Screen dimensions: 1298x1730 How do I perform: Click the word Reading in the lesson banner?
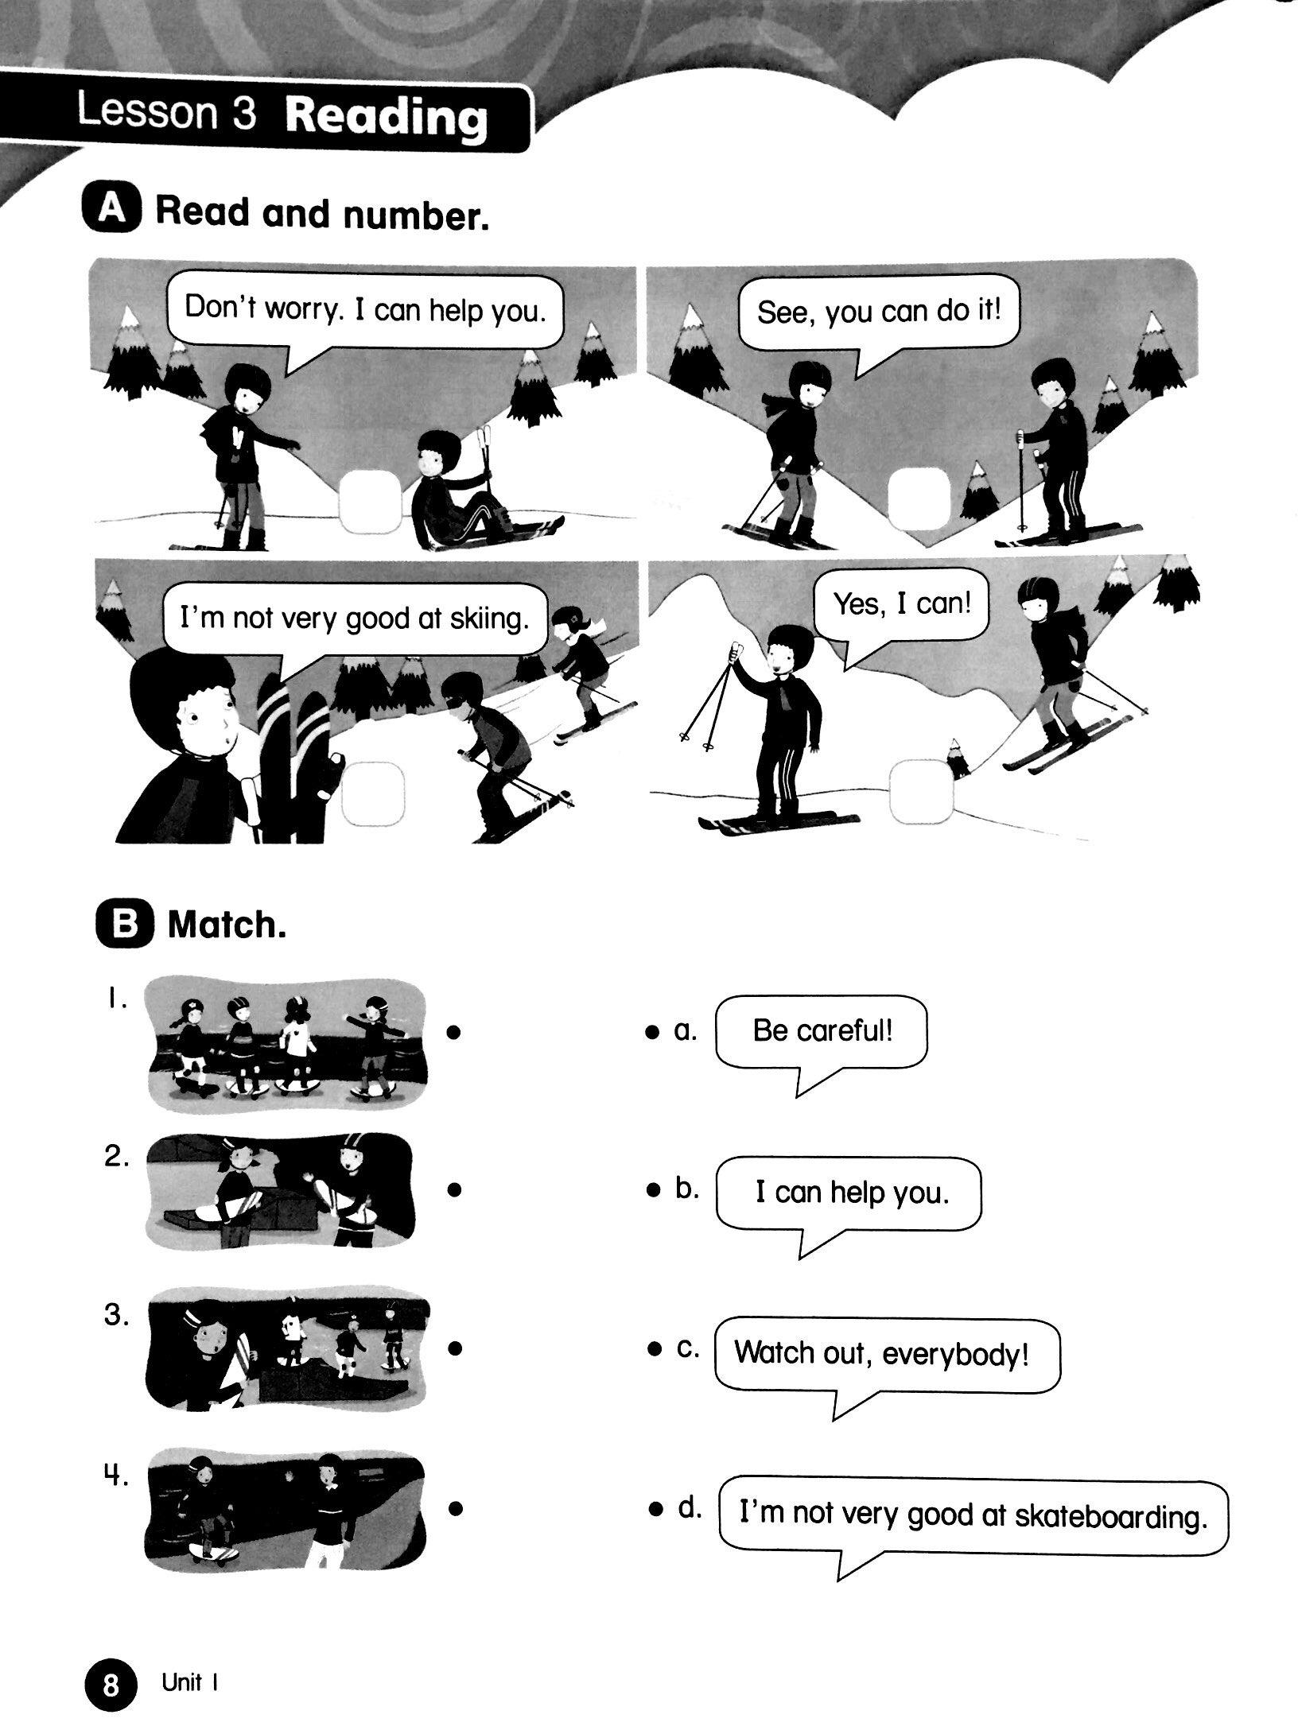(x=386, y=118)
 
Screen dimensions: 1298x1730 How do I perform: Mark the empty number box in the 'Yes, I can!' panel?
(x=920, y=792)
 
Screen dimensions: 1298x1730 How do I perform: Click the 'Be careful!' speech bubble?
(x=822, y=1034)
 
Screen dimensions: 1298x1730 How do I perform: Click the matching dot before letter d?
(x=655, y=1509)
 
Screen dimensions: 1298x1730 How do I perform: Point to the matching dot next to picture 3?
(x=455, y=1348)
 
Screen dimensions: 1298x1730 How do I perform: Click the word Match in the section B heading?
(x=227, y=925)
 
